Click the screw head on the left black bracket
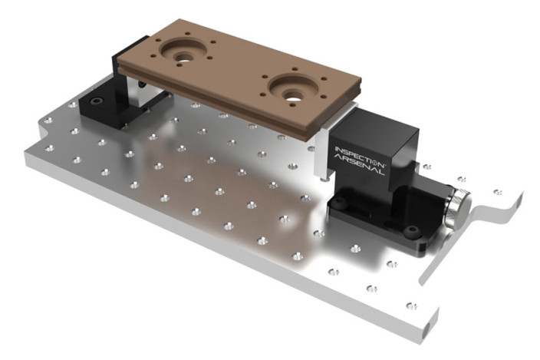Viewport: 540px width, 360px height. [x=97, y=102]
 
